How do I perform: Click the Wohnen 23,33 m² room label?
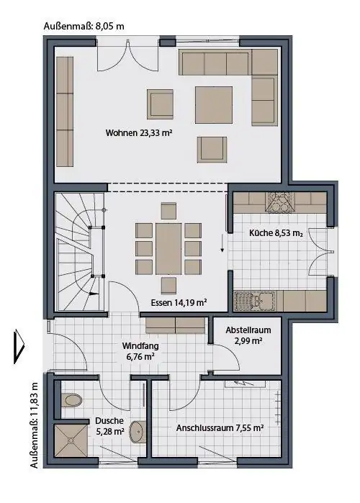(138, 132)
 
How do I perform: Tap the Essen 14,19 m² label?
(179, 302)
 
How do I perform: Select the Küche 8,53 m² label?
(276, 233)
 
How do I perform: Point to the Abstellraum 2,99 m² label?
(248, 335)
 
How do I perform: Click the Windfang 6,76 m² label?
(140, 351)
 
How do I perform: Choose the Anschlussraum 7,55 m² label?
(220, 428)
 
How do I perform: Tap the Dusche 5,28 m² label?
(109, 426)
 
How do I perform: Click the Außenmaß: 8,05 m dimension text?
(84, 26)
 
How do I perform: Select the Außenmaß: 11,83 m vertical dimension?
(34, 425)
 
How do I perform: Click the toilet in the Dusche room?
(71, 400)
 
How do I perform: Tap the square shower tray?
(71, 440)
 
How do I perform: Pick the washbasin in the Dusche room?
(138, 431)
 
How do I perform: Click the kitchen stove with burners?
(279, 201)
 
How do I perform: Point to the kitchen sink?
(255, 301)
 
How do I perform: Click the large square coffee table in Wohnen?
(214, 104)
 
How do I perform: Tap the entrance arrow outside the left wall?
(19, 347)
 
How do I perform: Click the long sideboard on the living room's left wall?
(65, 112)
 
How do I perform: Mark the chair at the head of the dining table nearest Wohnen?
(168, 211)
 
